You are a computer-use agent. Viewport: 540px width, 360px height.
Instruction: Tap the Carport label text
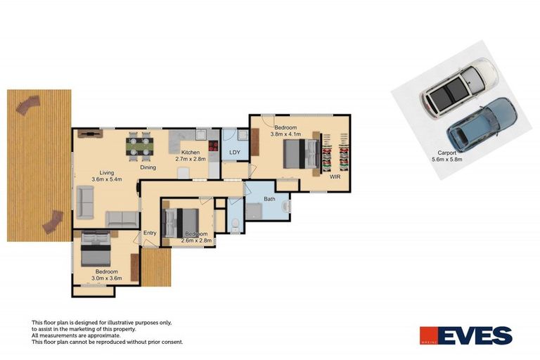point(448,153)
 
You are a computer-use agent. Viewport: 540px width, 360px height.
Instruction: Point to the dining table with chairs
point(140,146)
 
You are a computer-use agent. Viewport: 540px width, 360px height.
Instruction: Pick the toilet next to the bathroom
point(235,224)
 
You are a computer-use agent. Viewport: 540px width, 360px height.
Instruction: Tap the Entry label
point(150,233)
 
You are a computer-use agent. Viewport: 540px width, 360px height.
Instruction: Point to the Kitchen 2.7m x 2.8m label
point(190,155)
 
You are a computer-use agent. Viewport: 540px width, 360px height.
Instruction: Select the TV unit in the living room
point(89,132)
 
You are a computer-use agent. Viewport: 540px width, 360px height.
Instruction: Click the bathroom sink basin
point(285,207)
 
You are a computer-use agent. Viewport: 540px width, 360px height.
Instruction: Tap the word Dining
point(148,168)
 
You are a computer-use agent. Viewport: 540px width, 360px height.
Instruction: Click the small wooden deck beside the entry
point(156,268)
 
